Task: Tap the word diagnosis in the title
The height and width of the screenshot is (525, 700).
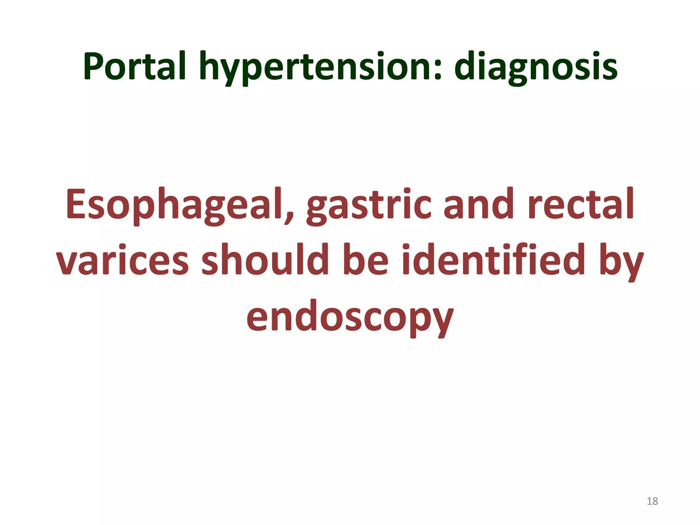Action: click(536, 67)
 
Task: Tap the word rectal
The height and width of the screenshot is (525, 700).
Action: click(581, 204)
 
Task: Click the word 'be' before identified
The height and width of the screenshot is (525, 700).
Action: click(365, 260)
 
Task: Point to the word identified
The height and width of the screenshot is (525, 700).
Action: click(494, 260)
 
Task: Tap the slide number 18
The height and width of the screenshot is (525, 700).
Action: click(652, 501)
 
